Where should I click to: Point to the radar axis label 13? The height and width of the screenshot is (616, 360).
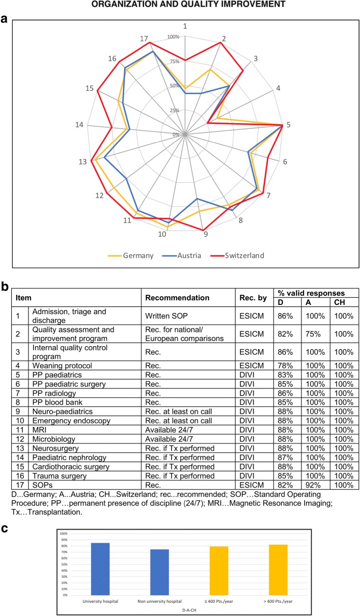(82, 162)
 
